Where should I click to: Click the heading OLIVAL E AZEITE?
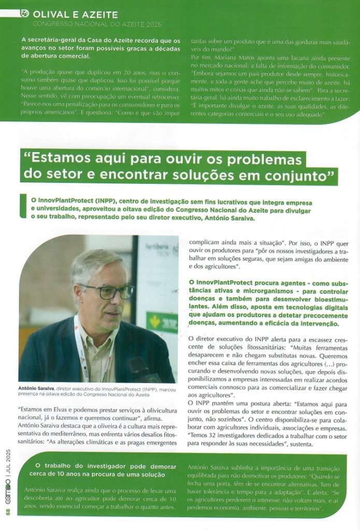(x=75, y=14)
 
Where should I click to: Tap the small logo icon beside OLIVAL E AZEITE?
(x=25, y=13)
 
